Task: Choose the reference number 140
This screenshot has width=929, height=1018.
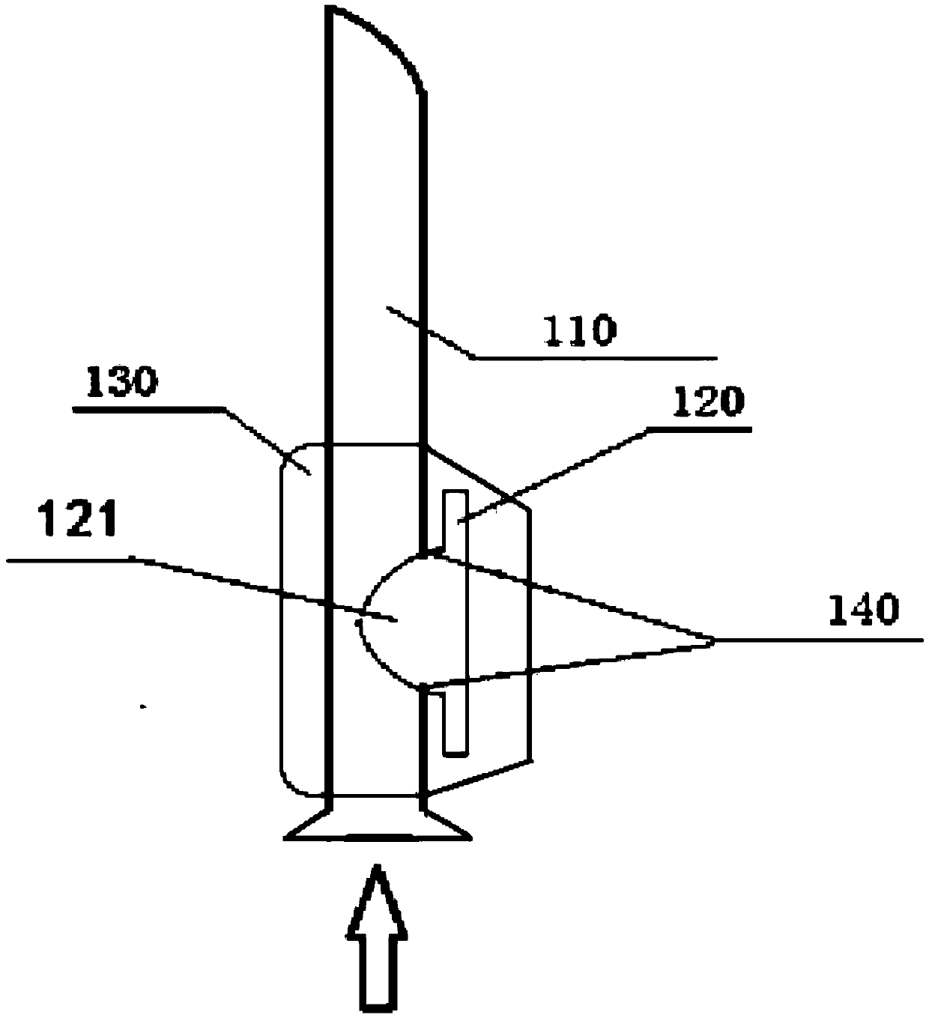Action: [862, 611]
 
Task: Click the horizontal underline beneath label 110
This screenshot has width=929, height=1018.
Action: [596, 358]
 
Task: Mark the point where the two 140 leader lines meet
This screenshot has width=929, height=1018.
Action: [712, 639]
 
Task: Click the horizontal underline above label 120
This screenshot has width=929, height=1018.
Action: [700, 429]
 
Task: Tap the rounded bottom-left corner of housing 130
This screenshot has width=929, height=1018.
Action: [288, 783]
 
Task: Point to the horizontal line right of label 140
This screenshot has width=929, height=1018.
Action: [820, 640]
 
